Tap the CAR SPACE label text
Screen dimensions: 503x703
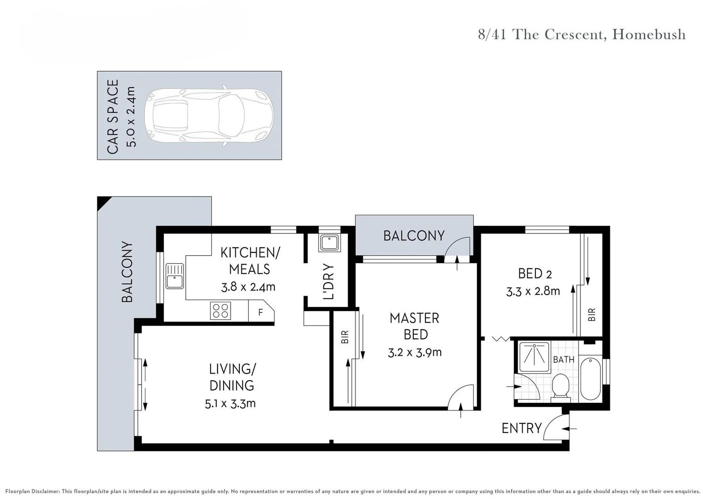tap(113, 116)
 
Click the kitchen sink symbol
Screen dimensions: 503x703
tap(175, 276)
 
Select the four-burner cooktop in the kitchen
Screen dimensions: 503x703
tap(220, 311)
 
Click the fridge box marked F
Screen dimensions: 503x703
tap(260, 312)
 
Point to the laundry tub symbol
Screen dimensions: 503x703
tap(329, 243)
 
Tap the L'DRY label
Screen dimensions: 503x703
tap(328, 281)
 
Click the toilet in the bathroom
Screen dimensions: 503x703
tap(560, 388)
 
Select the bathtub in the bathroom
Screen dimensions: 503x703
tap(590, 378)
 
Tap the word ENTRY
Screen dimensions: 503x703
tap(521, 428)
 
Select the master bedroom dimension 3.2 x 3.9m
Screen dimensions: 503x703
tap(415, 352)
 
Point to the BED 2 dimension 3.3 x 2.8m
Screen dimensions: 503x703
tap(533, 291)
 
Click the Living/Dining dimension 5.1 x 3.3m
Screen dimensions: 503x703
tap(230, 403)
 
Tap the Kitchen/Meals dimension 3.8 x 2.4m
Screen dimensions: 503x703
tap(248, 286)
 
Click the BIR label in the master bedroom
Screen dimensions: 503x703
tap(345, 337)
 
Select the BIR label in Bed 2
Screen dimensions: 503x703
tap(592, 315)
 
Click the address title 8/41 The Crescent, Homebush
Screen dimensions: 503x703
tap(581, 34)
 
